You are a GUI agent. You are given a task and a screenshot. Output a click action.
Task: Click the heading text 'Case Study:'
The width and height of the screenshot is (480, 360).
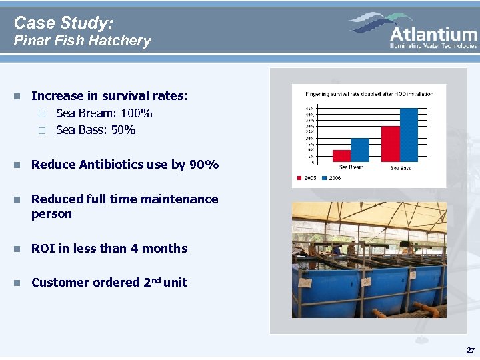pos(63,23)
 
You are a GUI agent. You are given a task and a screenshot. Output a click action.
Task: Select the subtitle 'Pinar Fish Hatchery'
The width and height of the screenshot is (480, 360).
pos(83,41)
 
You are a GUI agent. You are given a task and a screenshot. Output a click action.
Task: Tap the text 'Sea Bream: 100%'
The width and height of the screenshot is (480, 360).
pos(104,113)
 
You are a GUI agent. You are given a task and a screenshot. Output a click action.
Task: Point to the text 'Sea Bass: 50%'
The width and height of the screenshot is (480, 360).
pos(95,130)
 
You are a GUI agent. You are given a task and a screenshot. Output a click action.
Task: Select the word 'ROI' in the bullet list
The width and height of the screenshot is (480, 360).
pos(43,249)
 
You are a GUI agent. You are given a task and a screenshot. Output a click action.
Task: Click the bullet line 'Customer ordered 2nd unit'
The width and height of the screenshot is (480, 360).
pos(109,283)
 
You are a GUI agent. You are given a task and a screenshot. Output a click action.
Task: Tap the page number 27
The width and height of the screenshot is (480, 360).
pos(471,351)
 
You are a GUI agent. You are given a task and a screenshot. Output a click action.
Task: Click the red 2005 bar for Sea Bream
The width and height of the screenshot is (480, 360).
pos(341,155)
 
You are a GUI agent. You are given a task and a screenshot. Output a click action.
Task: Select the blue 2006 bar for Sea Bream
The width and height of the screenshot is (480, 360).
pos(359,149)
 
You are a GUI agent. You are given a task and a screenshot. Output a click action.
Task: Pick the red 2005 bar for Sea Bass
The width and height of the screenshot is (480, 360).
pos(390,143)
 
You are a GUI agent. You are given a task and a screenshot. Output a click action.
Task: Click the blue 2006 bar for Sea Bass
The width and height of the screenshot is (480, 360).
pos(408,135)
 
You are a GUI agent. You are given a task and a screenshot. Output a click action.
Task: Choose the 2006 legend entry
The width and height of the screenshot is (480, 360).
pos(331,178)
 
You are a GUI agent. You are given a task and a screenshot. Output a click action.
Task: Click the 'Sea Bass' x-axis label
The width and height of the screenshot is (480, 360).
pos(401,168)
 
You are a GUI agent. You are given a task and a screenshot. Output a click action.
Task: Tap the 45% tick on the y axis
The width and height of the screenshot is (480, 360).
pos(310,108)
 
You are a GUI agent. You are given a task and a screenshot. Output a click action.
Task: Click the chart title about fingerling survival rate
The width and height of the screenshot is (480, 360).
pos(369,94)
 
